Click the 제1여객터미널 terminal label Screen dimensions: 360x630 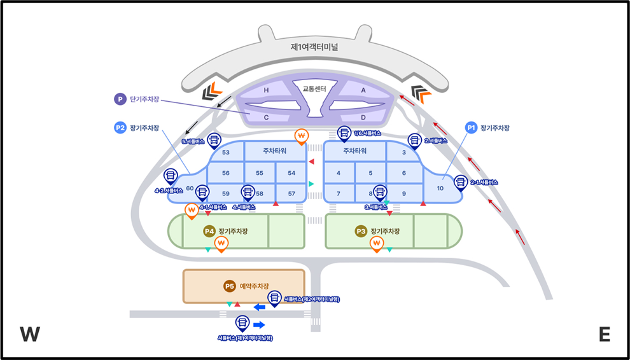pyautogui.click(x=314, y=47)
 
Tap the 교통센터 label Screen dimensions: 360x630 pyautogui.click(x=314, y=89)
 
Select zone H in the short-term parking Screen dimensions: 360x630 pyautogui.click(x=267, y=90)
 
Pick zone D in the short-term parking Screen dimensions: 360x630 pyautogui.click(x=363, y=118)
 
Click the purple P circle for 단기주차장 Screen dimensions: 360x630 pyautogui.click(x=119, y=99)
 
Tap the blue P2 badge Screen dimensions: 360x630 pyautogui.click(x=120, y=128)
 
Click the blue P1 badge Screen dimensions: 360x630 pyautogui.click(x=472, y=127)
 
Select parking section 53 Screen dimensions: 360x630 pyautogui.click(x=225, y=153)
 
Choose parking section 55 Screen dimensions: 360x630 pyautogui.click(x=259, y=173)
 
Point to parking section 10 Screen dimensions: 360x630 pyautogui.click(x=440, y=188)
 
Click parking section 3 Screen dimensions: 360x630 pyautogui.click(x=404, y=153)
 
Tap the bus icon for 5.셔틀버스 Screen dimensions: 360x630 pyautogui.click(x=214, y=139)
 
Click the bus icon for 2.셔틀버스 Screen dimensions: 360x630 pyautogui.click(x=414, y=140)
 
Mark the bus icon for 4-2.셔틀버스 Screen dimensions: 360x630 pyautogui.click(x=171, y=175)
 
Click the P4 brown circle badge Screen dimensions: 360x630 pyautogui.click(x=209, y=231)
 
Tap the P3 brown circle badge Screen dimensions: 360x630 pyautogui.click(x=361, y=231)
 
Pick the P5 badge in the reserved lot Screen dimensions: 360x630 pyautogui.click(x=230, y=286)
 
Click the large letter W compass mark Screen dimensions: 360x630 pyautogui.click(x=31, y=335)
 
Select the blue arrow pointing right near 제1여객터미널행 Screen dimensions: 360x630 pyautogui.click(x=259, y=325)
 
